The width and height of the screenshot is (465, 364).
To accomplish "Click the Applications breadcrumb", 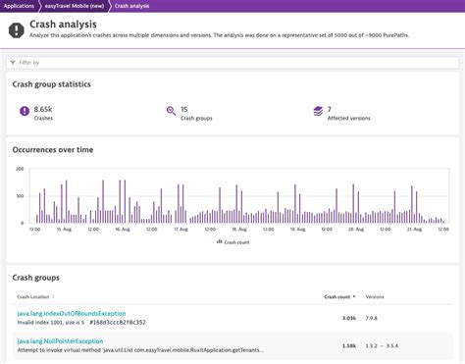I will point(20,6).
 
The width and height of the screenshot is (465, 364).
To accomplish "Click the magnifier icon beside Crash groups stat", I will point(171,112).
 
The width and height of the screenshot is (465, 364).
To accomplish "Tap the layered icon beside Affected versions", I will point(317,112).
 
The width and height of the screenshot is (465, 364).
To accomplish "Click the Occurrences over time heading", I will point(53,150).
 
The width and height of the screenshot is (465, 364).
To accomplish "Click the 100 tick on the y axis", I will point(21,196).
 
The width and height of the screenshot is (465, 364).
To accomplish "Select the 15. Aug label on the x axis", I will point(65,230).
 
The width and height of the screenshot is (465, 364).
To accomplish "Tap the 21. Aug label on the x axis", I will point(411,230).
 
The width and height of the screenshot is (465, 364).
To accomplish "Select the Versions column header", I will point(375,295).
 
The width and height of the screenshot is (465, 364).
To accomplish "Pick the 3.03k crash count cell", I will point(348,317).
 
